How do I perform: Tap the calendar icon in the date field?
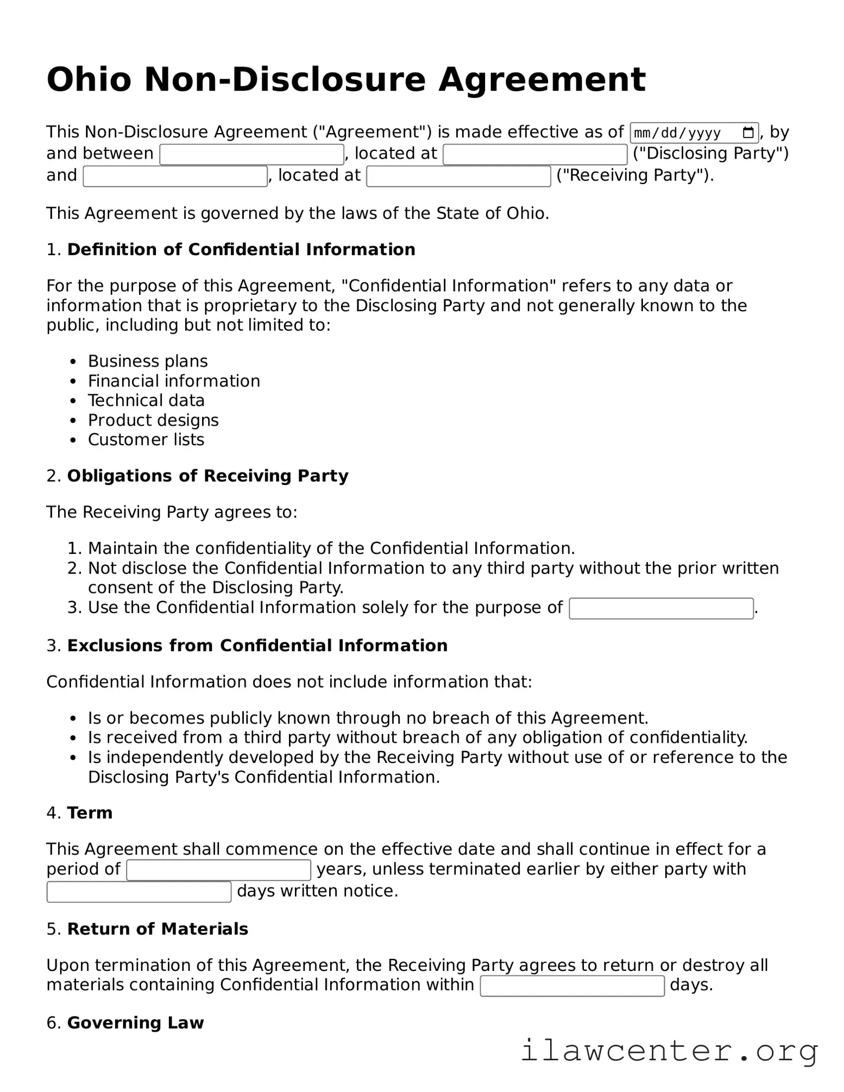tap(748, 132)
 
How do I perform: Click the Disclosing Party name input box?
tap(251, 155)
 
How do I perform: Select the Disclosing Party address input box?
tap(535, 155)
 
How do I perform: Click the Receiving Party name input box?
tap(175, 176)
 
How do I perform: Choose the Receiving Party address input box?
tap(458, 176)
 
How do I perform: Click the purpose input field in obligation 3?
tap(661, 609)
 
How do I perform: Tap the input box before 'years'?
tap(218, 870)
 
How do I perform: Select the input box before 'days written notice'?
tap(139, 892)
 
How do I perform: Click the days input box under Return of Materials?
tap(572, 986)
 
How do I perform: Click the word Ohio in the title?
tap(89, 80)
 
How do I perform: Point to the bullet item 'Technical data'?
tap(146, 401)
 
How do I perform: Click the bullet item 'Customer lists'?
tap(146, 440)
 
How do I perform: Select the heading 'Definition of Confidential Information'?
tap(241, 250)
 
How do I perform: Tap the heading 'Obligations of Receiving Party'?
tap(207, 476)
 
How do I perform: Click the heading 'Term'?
tap(90, 813)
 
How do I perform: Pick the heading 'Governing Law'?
tap(135, 1023)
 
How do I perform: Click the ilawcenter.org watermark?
tap(669, 1051)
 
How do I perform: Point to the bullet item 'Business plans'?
tap(148, 362)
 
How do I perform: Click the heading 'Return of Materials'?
tap(158, 929)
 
